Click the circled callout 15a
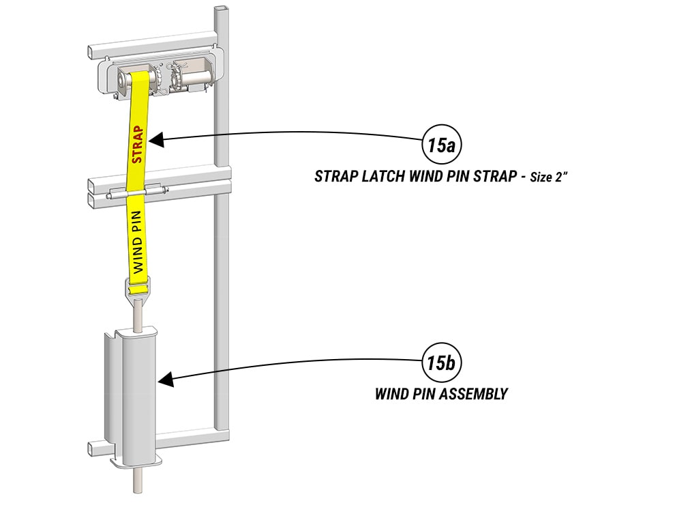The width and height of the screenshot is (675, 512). coord(441,145)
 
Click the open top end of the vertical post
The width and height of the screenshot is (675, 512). coord(220,10)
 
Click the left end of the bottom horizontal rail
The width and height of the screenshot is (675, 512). coord(93,449)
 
